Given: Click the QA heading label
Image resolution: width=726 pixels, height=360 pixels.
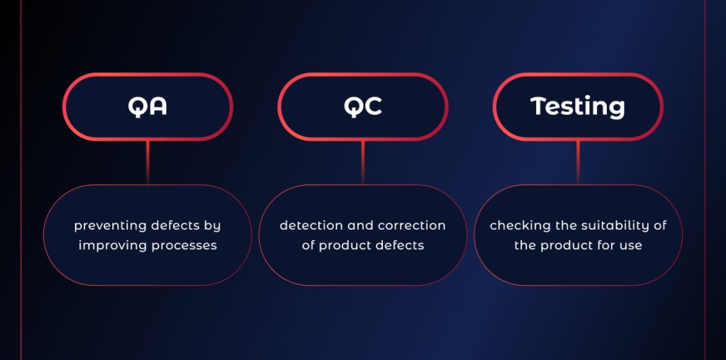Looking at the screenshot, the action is click(147, 106).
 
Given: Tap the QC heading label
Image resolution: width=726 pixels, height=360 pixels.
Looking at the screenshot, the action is click(362, 106).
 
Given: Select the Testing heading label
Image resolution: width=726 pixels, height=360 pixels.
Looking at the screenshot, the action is click(577, 107).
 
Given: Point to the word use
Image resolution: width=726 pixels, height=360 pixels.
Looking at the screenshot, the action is click(632, 246).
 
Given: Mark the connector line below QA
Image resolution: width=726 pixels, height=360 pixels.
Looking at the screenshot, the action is click(147, 162).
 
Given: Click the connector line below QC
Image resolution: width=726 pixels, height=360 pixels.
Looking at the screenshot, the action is click(362, 162).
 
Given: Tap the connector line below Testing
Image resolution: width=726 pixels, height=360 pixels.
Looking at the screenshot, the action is click(578, 162).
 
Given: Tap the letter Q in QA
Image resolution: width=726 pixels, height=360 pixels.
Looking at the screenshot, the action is click(137, 107).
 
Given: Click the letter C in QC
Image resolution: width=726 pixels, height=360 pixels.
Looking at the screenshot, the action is click(373, 106).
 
